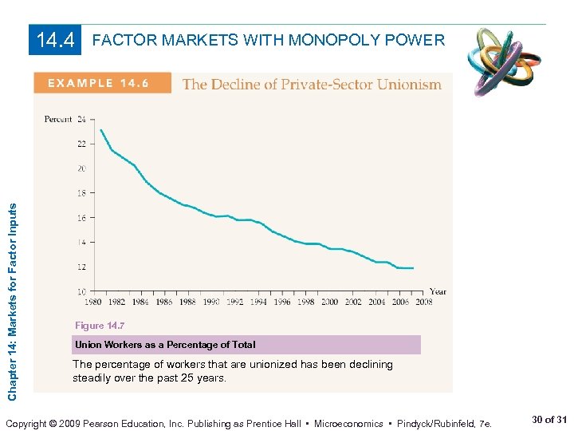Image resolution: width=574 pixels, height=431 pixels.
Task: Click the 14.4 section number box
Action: (x=55, y=39)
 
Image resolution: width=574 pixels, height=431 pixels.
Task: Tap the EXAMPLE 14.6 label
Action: (x=102, y=84)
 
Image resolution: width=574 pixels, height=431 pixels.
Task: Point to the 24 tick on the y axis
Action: (x=81, y=120)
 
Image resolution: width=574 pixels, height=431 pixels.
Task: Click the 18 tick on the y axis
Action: (x=81, y=193)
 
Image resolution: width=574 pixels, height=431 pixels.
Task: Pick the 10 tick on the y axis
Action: (x=81, y=291)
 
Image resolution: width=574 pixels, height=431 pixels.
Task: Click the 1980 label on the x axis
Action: (x=92, y=302)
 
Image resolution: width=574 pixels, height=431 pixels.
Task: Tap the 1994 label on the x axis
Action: (x=259, y=302)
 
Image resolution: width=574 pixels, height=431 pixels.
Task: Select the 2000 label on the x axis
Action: (x=330, y=302)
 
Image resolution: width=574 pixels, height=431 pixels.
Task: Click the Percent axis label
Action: (x=57, y=120)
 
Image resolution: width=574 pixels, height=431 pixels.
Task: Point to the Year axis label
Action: (x=438, y=292)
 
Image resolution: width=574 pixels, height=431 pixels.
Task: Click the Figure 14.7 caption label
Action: (x=100, y=326)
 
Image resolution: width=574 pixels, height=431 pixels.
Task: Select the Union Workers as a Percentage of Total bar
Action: (x=246, y=345)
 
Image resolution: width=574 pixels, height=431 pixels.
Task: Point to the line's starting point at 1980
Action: (x=100, y=130)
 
